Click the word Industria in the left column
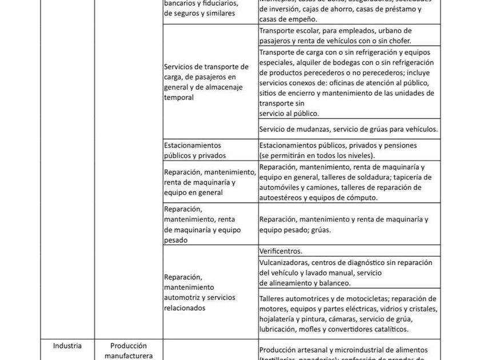pyautogui.click(x=67, y=346)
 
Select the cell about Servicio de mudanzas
pyautogui.click(x=348, y=129)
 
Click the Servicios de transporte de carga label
pyautogui.click(x=206, y=82)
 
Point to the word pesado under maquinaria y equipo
pyautogui.click(x=175, y=240)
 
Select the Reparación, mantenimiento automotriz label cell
pyautogui.click(x=199, y=292)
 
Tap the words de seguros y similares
pyautogui.click(x=199, y=13)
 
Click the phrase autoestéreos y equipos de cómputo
pyautogui.click(x=318, y=197)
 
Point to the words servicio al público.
pyautogui.click(x=289, y=114)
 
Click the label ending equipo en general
pyautogui.click(x=193, y=193)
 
